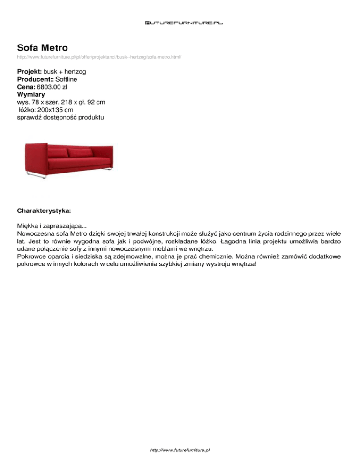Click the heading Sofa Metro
pos(42,47)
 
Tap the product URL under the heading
pos(99,57)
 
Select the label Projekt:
pos(29,72)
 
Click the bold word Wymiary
pos(31,95)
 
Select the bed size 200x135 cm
pos(57,110)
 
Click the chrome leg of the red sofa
pos(37,175)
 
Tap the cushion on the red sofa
pos(80,152)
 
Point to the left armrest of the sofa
pos(36,157)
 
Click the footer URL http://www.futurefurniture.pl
pos(180,450)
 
